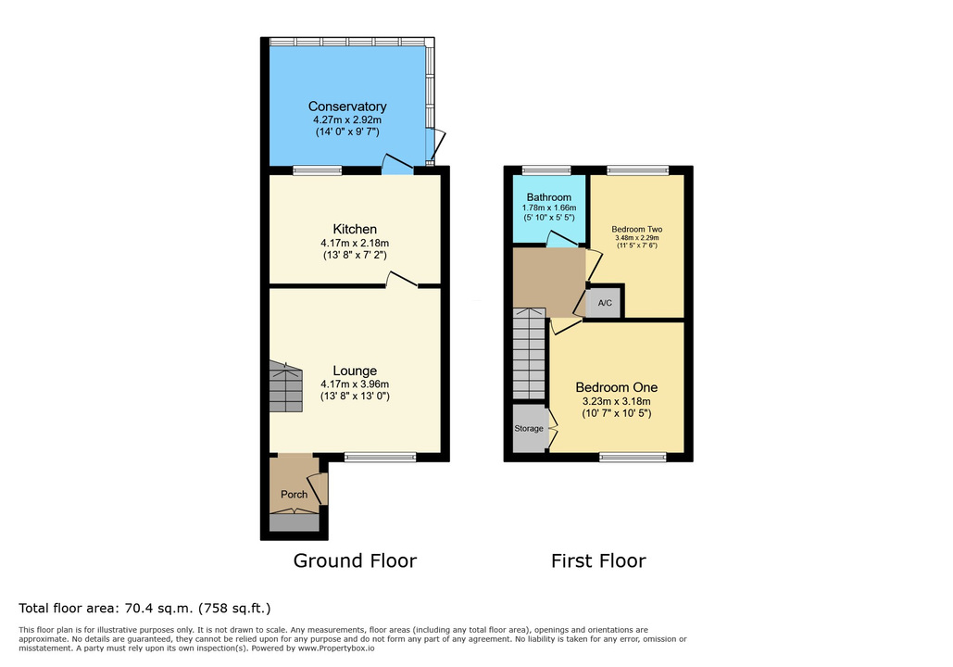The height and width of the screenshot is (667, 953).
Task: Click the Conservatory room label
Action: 347,107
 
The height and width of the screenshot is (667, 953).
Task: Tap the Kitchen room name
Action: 355,229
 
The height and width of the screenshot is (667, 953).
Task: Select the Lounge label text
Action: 355,371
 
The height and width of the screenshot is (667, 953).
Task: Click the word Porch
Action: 295,495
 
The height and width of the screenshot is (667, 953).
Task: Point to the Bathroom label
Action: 549,197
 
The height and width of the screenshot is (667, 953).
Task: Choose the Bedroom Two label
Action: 637,229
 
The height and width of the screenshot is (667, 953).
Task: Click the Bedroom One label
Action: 616,387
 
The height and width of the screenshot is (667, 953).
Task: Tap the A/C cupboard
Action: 605,303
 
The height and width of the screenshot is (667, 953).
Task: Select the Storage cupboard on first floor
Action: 530,428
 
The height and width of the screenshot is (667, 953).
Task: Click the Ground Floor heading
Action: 355,560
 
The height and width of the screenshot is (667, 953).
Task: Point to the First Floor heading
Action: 598,560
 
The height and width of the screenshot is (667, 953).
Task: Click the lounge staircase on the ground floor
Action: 285,386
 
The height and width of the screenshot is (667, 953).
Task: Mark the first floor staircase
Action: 530,353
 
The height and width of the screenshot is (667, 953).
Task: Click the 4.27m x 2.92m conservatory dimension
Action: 347,120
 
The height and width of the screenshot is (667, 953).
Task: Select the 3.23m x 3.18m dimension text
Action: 616,401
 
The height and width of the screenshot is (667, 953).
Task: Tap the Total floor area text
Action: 144,608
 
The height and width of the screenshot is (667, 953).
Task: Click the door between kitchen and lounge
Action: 402,279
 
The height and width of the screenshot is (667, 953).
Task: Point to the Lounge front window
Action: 381,458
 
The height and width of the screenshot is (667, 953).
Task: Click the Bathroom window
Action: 546,170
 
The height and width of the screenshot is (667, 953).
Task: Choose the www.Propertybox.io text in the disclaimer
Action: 336,648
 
